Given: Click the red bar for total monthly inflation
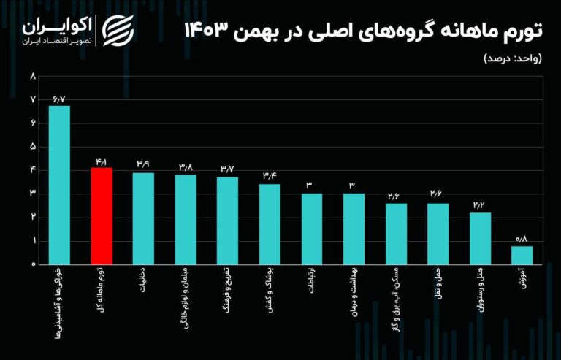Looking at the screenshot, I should pos(102,216).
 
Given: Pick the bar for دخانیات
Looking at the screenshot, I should pos(143,218).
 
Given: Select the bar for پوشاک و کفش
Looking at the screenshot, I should pos(270,224).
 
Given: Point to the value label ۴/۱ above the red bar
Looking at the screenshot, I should pos(102,161).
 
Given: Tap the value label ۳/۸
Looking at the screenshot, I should pos(186,167).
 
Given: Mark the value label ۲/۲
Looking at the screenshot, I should pos(480,206).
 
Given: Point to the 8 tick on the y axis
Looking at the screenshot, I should pos(33,76).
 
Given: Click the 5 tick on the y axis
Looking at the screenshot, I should pos(33,146).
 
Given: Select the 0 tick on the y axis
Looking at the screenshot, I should pos(33,264).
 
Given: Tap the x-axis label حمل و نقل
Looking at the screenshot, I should pos(438,286).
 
